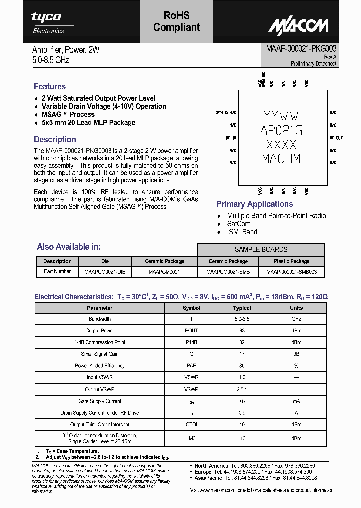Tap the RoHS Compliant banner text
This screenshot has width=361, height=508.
(176, 22)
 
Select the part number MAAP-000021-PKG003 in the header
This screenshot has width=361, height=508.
(301, 49)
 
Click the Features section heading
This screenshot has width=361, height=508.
(50, 86)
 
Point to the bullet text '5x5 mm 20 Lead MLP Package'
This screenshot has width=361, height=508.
(88, 122)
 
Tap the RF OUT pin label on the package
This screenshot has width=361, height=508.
(336, 137)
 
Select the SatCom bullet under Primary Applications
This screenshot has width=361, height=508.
(239, 224)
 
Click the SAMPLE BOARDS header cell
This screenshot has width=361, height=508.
(261, 249)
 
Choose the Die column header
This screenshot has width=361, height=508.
(105, 261)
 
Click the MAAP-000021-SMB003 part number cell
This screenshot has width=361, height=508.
(292, 271)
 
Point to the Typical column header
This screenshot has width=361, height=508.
(242, 308)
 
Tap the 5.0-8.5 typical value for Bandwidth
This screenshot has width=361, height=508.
(242, 319)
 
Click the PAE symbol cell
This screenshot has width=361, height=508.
(191, 366)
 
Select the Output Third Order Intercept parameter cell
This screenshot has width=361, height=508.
(100, 424)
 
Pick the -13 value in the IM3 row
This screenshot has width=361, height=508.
(242, 438)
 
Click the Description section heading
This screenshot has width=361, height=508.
(55, 139)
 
